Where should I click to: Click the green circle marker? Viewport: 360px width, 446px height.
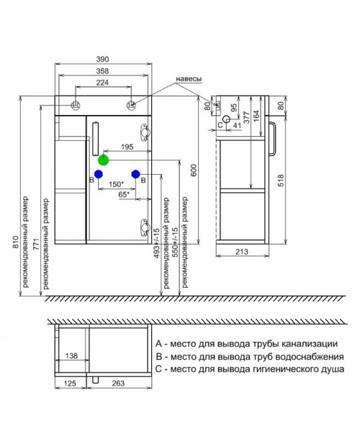point(103,160)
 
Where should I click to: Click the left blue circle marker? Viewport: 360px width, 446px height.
point(99,174)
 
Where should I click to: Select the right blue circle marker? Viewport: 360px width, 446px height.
point(136,174)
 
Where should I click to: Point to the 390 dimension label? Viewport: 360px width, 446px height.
point(102,59)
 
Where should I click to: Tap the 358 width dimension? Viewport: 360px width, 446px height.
point(102,70)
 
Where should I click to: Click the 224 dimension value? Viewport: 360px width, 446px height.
point(102,83)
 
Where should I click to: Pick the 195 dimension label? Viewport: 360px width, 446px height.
point(127,147)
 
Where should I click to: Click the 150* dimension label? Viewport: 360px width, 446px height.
point(116,184)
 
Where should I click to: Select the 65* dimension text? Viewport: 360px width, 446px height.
point(124,194)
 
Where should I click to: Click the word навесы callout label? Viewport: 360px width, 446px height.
point(189,79)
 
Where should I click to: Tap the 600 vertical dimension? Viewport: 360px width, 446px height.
point(194,170)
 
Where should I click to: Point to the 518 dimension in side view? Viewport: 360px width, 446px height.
point(281,181)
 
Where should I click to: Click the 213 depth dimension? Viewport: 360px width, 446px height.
point(242,252)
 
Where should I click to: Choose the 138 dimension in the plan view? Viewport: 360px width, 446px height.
point(71,356)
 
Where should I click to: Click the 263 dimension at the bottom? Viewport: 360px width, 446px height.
point(118,383)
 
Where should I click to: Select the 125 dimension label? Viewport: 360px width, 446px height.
point(70,383)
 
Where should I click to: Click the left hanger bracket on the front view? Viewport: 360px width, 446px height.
point(76,105)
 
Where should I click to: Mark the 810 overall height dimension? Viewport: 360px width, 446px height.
point(15,242)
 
